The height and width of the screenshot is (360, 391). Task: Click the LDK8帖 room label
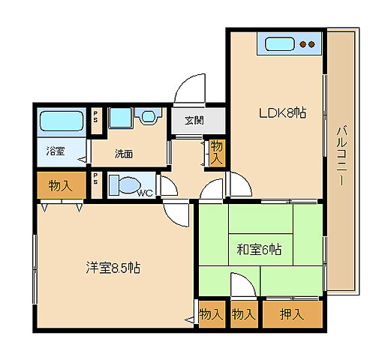tap(282, 113)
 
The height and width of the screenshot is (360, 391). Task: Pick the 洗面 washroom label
tap(124, 154)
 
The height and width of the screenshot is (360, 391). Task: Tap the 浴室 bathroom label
tap(56, 151)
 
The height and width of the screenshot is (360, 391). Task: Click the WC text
tap(145, 193)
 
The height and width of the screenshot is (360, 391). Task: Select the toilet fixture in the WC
tap(125, 184)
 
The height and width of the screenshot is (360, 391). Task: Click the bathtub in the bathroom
tap(62, 121)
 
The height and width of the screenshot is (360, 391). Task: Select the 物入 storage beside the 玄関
tap(216, 152)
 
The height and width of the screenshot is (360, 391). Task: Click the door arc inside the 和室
tap(242, 286)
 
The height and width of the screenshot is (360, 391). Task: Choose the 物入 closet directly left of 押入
tap(244, 314)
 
